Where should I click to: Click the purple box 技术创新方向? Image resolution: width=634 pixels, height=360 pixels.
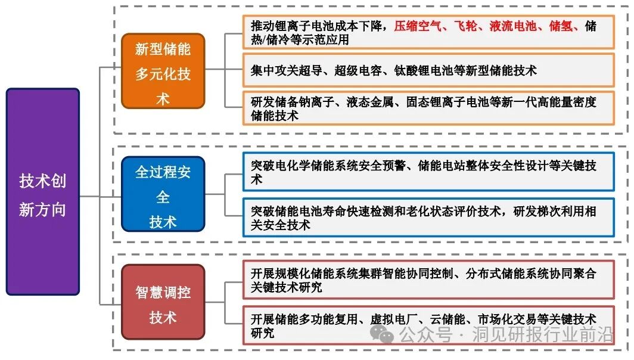point(43,191)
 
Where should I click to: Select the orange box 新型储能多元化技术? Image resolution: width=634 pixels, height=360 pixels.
point(163,71)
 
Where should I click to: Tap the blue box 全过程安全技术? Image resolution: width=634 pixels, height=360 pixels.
point(163,194)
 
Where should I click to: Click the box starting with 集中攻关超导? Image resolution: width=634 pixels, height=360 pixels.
point(428,70)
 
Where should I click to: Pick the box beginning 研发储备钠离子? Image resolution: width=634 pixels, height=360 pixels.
point(428,108)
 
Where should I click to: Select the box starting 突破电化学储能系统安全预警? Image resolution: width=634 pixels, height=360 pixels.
point(428,172)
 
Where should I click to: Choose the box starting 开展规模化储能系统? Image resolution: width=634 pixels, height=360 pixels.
point(428,280)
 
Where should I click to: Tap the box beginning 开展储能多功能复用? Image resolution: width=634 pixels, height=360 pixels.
point(428,325)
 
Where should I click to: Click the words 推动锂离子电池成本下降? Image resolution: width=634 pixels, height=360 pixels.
point(319,27)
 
